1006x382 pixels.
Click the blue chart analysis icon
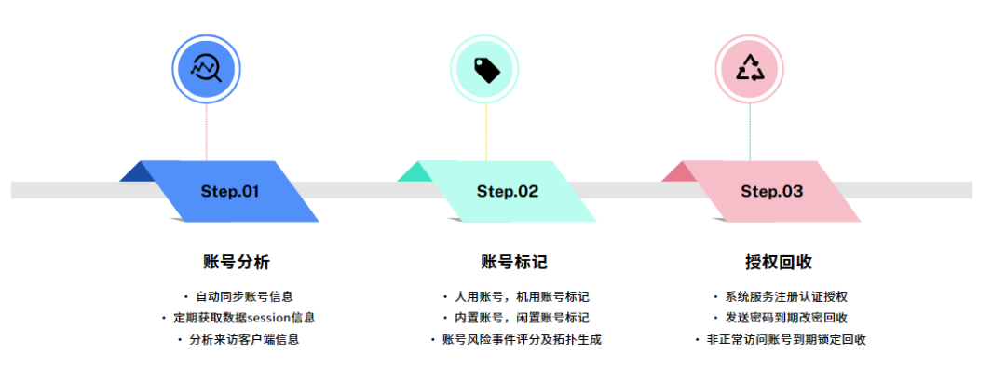click(206, 67)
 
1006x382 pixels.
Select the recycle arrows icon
click(750, 67)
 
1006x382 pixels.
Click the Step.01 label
click(229, 191)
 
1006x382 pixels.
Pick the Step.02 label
click(508, 191)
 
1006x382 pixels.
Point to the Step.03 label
click(771, 191)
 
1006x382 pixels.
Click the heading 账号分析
click(237, 262)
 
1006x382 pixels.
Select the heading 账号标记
click(514, 262)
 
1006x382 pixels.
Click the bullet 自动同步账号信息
click(244, 297)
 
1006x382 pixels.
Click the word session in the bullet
click(275, 318)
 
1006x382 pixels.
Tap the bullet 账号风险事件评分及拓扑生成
click(522, 339)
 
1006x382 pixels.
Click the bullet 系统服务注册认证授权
click(786, 297)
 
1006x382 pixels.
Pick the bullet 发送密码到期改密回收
click(786, 318)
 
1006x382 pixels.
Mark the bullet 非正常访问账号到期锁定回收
click(786, 339)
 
